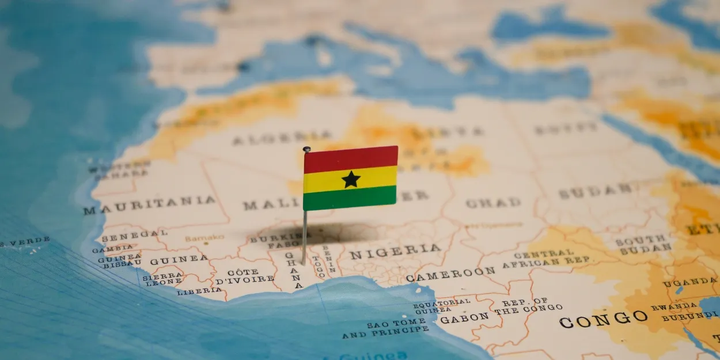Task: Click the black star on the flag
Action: [x=351, y=179]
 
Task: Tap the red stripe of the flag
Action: [x=351, y=159]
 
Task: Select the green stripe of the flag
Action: [x=350, y=199]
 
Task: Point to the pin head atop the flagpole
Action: [x=306, y=149]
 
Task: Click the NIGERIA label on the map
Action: [x=395, y=251]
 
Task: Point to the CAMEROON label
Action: [x=450, y=274]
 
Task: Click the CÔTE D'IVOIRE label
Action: [x=244, y=276]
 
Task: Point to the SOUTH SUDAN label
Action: [x=643, y=244]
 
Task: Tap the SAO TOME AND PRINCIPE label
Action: [x=386, y=328]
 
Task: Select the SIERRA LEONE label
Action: [x=163, y=279]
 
